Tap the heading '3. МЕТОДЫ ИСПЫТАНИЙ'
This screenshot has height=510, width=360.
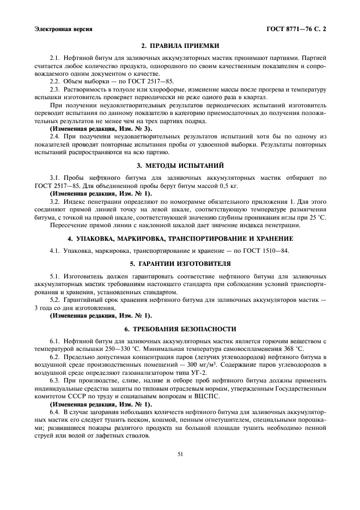[180, 165]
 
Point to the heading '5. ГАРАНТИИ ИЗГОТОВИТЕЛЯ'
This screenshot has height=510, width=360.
[180, 263]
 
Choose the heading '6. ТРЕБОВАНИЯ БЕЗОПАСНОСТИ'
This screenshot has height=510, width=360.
[180, 329]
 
